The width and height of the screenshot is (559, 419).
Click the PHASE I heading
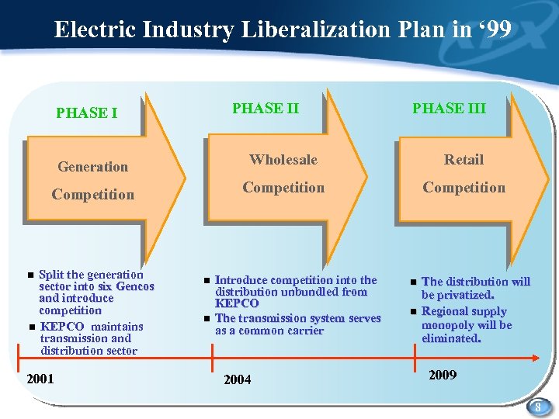pos(87,113)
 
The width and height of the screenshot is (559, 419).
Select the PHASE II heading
pos(266,108)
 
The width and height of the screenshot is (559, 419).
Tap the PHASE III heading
pos(449,108)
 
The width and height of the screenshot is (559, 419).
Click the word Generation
pos(93,166)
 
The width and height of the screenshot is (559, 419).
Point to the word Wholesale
pos(283,160)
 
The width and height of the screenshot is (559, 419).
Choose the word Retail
pos(464,160)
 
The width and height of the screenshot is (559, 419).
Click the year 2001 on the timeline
pos(40,379)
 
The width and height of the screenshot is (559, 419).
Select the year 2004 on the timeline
pos(237,380)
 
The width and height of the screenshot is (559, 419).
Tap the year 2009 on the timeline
pos(443,376)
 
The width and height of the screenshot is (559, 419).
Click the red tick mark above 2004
pos(212,358)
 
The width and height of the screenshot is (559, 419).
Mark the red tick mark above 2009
pos(411,358)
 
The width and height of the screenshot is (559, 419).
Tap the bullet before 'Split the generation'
pos(30,275)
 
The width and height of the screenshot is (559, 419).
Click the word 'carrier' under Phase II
pos(304,331)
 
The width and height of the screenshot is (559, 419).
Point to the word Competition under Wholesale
pos(283,188)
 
